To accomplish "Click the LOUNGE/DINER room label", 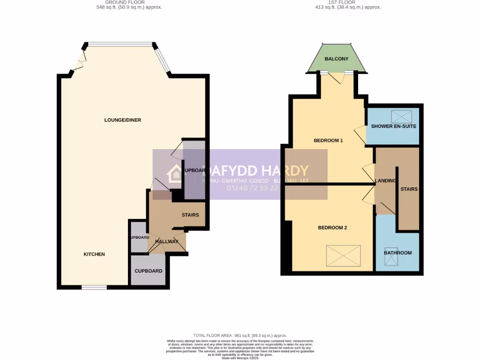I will click(122, 120).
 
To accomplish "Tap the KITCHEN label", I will click(94, 254).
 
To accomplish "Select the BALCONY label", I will click(337, 59).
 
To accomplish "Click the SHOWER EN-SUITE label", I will click(393, 127).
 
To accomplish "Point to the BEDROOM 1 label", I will click(328, 140).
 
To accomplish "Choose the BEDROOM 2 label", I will click(332, 228).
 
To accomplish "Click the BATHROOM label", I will click(397, 253).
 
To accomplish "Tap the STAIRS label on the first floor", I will click(409, 189).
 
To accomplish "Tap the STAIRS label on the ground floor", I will click(190, 215).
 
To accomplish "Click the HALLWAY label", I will click(167, 241).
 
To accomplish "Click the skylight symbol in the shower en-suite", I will click(401, 116).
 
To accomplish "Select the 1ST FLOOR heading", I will click(341, 2).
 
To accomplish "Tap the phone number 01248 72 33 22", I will click(253, 188).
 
